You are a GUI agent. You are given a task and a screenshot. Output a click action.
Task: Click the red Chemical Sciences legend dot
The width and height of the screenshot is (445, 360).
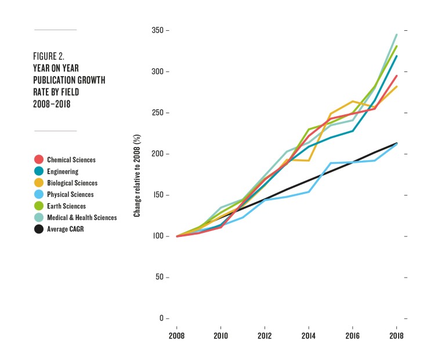(x=39, y=160)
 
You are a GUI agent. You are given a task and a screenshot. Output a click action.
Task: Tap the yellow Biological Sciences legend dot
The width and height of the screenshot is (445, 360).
(x=39, y=183)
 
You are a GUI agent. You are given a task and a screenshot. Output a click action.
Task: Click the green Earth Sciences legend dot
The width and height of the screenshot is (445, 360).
(x=39, y=206)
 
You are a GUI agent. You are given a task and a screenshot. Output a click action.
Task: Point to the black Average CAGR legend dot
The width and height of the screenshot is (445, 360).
(x=39, y=229)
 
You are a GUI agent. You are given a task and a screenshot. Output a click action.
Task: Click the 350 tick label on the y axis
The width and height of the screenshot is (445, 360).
(x=160, y=30)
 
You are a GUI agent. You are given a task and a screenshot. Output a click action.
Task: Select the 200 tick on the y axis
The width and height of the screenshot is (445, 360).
(x=160, y=154)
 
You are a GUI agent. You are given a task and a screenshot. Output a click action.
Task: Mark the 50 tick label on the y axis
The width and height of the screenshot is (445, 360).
(x=161, y=278)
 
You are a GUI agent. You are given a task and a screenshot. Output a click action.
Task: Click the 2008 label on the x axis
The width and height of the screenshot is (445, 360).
(x=176, y=336)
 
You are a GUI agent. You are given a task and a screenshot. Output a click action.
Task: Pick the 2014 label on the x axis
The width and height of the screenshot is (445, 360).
(x=308, y=336)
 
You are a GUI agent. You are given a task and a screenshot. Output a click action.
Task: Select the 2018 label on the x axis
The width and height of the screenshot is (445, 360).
(x=396, y=336)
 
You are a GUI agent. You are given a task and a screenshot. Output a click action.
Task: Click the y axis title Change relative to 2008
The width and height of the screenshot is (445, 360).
(x=138, y=181)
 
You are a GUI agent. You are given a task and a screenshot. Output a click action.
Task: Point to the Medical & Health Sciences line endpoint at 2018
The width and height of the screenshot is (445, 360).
(x=396, y=35)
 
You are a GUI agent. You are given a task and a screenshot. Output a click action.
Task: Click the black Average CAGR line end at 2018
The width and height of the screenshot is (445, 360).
(x=396, y=143)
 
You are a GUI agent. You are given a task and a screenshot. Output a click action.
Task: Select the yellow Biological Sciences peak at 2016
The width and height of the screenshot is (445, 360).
(x=353, y=101)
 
